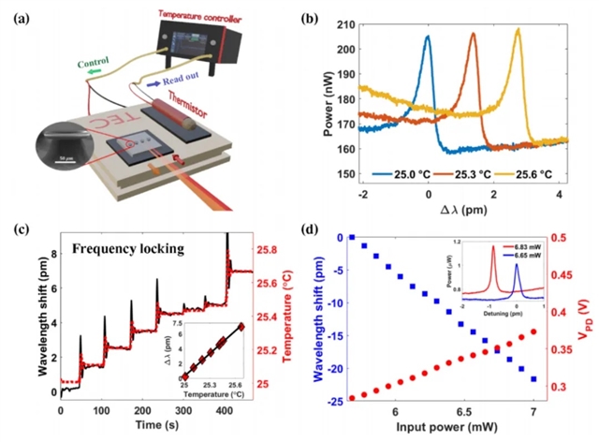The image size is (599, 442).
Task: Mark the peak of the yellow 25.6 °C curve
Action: (x=518, y=29)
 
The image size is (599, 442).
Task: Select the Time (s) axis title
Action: (x=147, y=423)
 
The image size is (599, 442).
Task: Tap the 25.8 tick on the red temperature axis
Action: (x=269, y=251)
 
